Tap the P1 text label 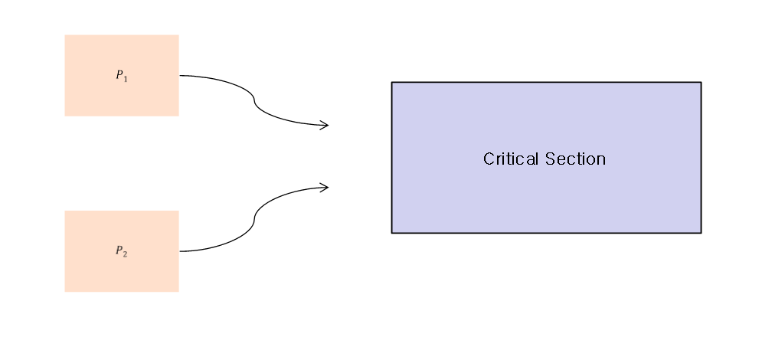[x=122, y=75]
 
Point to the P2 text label [x=122, y=250]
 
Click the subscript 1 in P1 [x=126, y=77]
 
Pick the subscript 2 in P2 [x=126, y=253]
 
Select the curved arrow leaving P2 [x=254, y=219]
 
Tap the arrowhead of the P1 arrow [x=326, y=125]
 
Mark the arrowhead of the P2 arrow [x=326, y=186]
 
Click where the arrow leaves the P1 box [x=180, y=75]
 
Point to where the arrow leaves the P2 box [x=180, y=250]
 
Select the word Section [x=575, y=159]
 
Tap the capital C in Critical [x=489, y=159]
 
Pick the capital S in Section [x=549, y=159]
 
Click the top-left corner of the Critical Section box [x=392, y=82]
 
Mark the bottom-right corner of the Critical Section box [x=701, y=232]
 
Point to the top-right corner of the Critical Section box [x=701, y=82]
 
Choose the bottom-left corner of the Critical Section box [x=392, y=232]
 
